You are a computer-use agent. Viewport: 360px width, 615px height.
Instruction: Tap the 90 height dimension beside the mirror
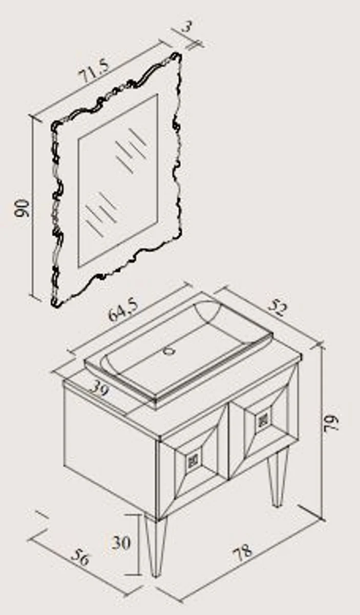(x=22, y=208)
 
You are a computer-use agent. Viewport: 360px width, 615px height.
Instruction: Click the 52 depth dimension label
(x=278, y=308)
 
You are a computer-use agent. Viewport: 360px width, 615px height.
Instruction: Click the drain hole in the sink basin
(x=169, y=351)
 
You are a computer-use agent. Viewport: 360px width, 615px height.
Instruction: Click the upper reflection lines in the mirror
(x=131, y=151)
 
